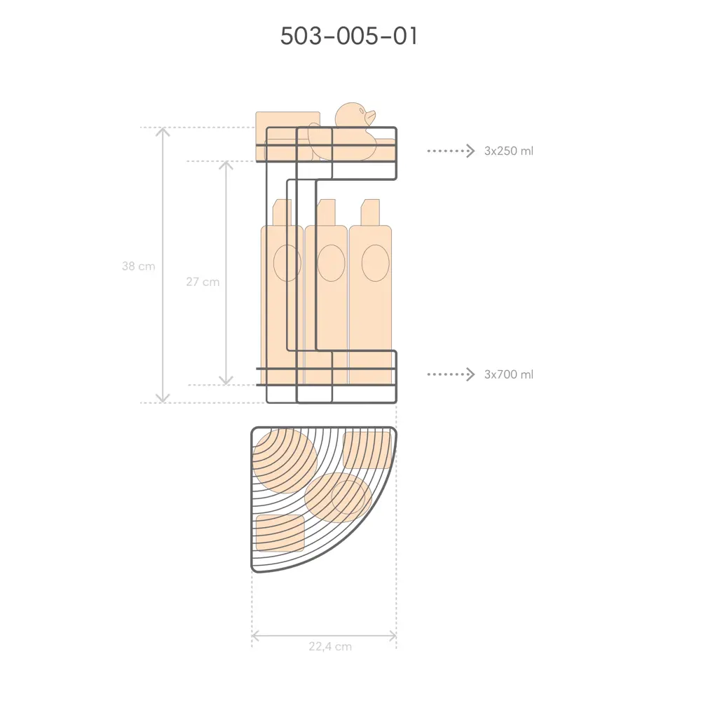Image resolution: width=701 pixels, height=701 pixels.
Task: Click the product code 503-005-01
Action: click(349, 36)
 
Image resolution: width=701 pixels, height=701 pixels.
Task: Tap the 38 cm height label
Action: click(139, 266)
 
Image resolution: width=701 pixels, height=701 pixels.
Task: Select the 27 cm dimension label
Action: click(203, 282)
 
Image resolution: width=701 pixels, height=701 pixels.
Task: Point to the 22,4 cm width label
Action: click(330, 646)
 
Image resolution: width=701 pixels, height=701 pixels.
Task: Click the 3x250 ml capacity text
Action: click(509, 151)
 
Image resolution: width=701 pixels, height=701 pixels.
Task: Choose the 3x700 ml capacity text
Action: click(509, 374)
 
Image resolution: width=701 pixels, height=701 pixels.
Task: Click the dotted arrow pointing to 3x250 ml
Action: click(451, 151)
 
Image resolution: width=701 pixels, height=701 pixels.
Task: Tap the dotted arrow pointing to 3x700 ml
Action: click(451, 374)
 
